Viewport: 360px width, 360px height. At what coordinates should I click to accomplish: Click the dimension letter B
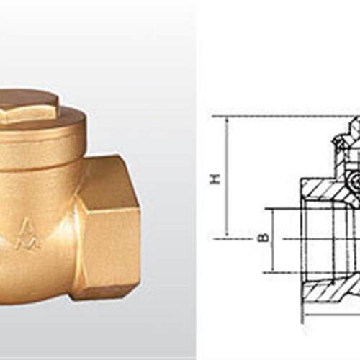click(264, 238)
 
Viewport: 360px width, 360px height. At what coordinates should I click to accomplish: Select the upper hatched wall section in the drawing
click(331, 189)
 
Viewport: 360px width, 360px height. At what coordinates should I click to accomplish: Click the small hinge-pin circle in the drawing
click(355, 179)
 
